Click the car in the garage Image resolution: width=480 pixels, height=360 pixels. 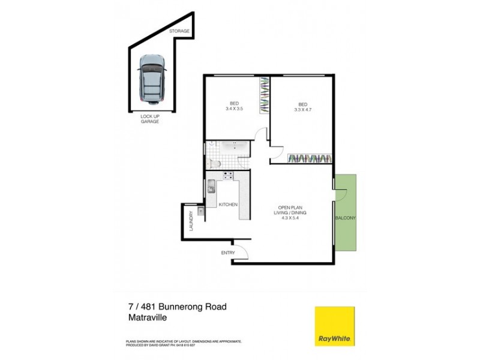[151, 79]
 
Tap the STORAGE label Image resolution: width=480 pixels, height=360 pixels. [179, 31]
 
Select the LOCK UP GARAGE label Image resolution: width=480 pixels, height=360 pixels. [150, 118]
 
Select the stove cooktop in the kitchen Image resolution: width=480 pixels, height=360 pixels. [228, 176]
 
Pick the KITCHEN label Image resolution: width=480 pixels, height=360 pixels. [228, 205]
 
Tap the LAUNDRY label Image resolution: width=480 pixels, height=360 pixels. [191, 221]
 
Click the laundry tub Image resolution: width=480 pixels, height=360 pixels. [202, 211]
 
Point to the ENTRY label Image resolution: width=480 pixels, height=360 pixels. [228, 253]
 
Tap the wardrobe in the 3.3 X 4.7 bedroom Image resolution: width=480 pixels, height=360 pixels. [309, 158]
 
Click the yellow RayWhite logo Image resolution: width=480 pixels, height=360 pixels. [335, 326]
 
